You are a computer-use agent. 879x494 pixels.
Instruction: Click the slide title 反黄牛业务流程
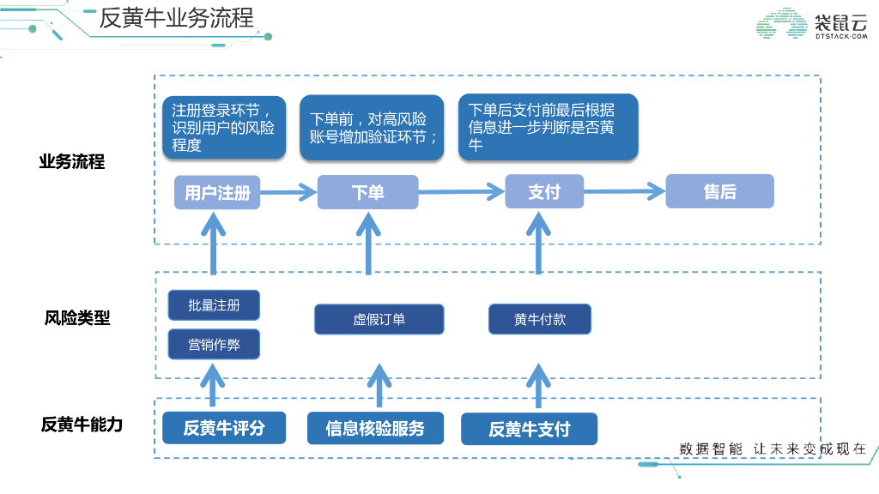[x=177, y=18]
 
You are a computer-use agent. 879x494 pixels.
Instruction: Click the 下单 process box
[x=367, y=192]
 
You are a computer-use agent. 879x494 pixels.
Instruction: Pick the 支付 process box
[x=544, y=192]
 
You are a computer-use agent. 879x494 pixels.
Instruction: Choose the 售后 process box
[x=719, y=191]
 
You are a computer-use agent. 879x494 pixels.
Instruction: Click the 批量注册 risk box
[x=214, y=305]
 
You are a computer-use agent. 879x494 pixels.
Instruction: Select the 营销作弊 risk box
[x=214, y=345]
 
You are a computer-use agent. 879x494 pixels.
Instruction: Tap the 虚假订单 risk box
[x=379, y=320]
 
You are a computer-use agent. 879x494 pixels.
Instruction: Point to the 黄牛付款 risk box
[x=540, y=320]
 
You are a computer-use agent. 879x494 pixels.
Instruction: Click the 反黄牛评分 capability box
[x=224, y=428]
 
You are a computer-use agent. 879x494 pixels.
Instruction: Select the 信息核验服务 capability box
[x=375, y=428]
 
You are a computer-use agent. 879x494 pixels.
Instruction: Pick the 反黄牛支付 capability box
[x=529, y=429]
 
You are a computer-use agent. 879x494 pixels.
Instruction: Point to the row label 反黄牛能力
[x=82, y=425]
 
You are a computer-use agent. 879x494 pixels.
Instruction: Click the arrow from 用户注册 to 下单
[x=288, y=192]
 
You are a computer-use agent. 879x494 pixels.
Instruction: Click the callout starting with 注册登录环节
[x=223, y=127]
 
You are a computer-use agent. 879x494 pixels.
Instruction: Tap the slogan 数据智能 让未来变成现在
[x=773, y=449]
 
